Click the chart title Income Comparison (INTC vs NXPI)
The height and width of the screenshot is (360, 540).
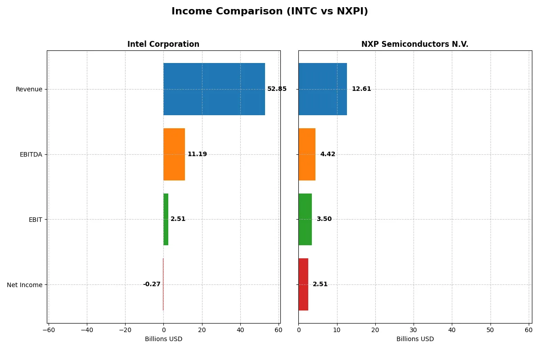270,12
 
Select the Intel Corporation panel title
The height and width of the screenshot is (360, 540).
163,44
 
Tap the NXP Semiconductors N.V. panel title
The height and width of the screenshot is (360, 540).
414,44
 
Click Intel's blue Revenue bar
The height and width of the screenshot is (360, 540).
214,89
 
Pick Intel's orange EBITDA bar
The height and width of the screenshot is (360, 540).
174,154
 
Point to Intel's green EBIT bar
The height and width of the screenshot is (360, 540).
166,219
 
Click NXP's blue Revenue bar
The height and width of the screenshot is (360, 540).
323,89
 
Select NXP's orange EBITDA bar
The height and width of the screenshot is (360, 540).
307,154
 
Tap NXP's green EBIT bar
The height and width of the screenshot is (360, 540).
305,219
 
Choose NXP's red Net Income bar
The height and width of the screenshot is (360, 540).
303,284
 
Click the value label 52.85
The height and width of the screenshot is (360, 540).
277,89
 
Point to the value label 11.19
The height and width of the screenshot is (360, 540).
197,154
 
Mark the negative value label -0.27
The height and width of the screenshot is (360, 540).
152,284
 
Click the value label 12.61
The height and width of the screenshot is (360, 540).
361,89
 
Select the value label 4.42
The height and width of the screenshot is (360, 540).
328,154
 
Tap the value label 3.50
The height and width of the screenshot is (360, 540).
324,219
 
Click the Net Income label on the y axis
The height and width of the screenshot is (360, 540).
25,285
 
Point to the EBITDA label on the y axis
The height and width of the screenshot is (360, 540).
31,154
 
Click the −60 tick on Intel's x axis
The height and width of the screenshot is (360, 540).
48,330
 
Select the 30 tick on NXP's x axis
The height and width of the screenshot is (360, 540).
414,330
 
